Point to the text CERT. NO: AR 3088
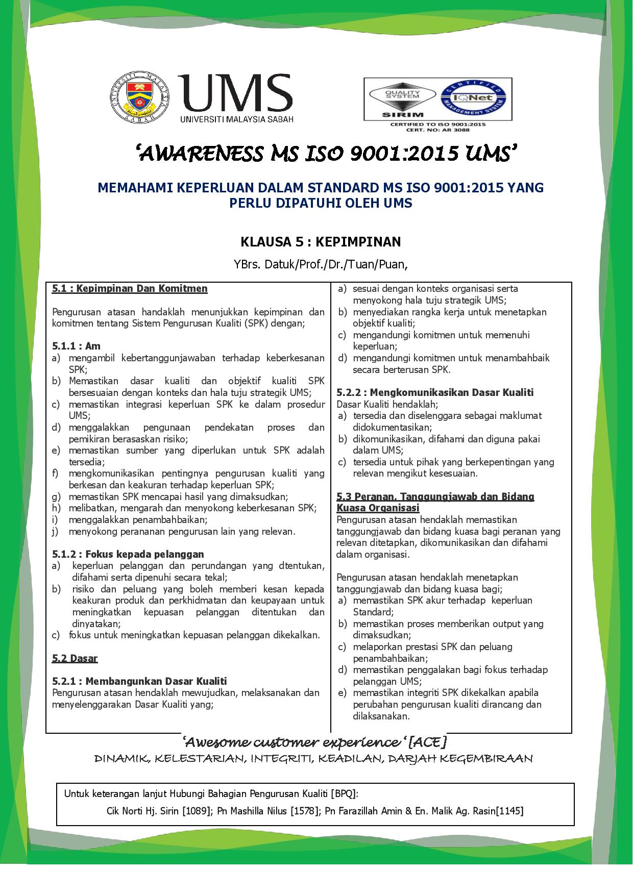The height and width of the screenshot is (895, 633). (437, 130)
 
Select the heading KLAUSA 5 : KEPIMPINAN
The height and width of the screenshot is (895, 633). (321, 241)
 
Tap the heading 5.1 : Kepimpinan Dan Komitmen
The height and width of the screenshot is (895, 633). (130, 289)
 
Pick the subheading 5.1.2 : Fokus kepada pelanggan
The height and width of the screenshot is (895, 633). (128, 554)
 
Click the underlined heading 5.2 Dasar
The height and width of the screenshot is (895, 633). (75, 658)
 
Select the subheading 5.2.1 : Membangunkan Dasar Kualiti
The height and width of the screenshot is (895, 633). (139, 681)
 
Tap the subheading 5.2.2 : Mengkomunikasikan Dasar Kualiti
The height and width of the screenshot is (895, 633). (435, 392)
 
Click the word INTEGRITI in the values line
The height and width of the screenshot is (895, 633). (282, 759)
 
